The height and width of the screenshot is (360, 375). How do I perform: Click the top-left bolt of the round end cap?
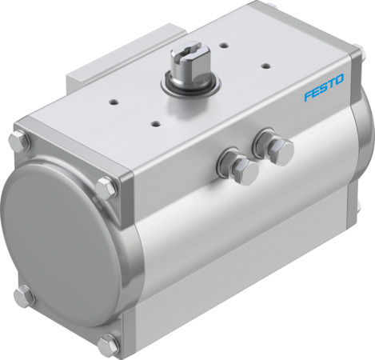tap(20, 144)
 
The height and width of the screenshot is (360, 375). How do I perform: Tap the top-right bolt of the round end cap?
tap(105, 189)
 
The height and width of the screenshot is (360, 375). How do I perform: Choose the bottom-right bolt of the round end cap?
tap(109, 344)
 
